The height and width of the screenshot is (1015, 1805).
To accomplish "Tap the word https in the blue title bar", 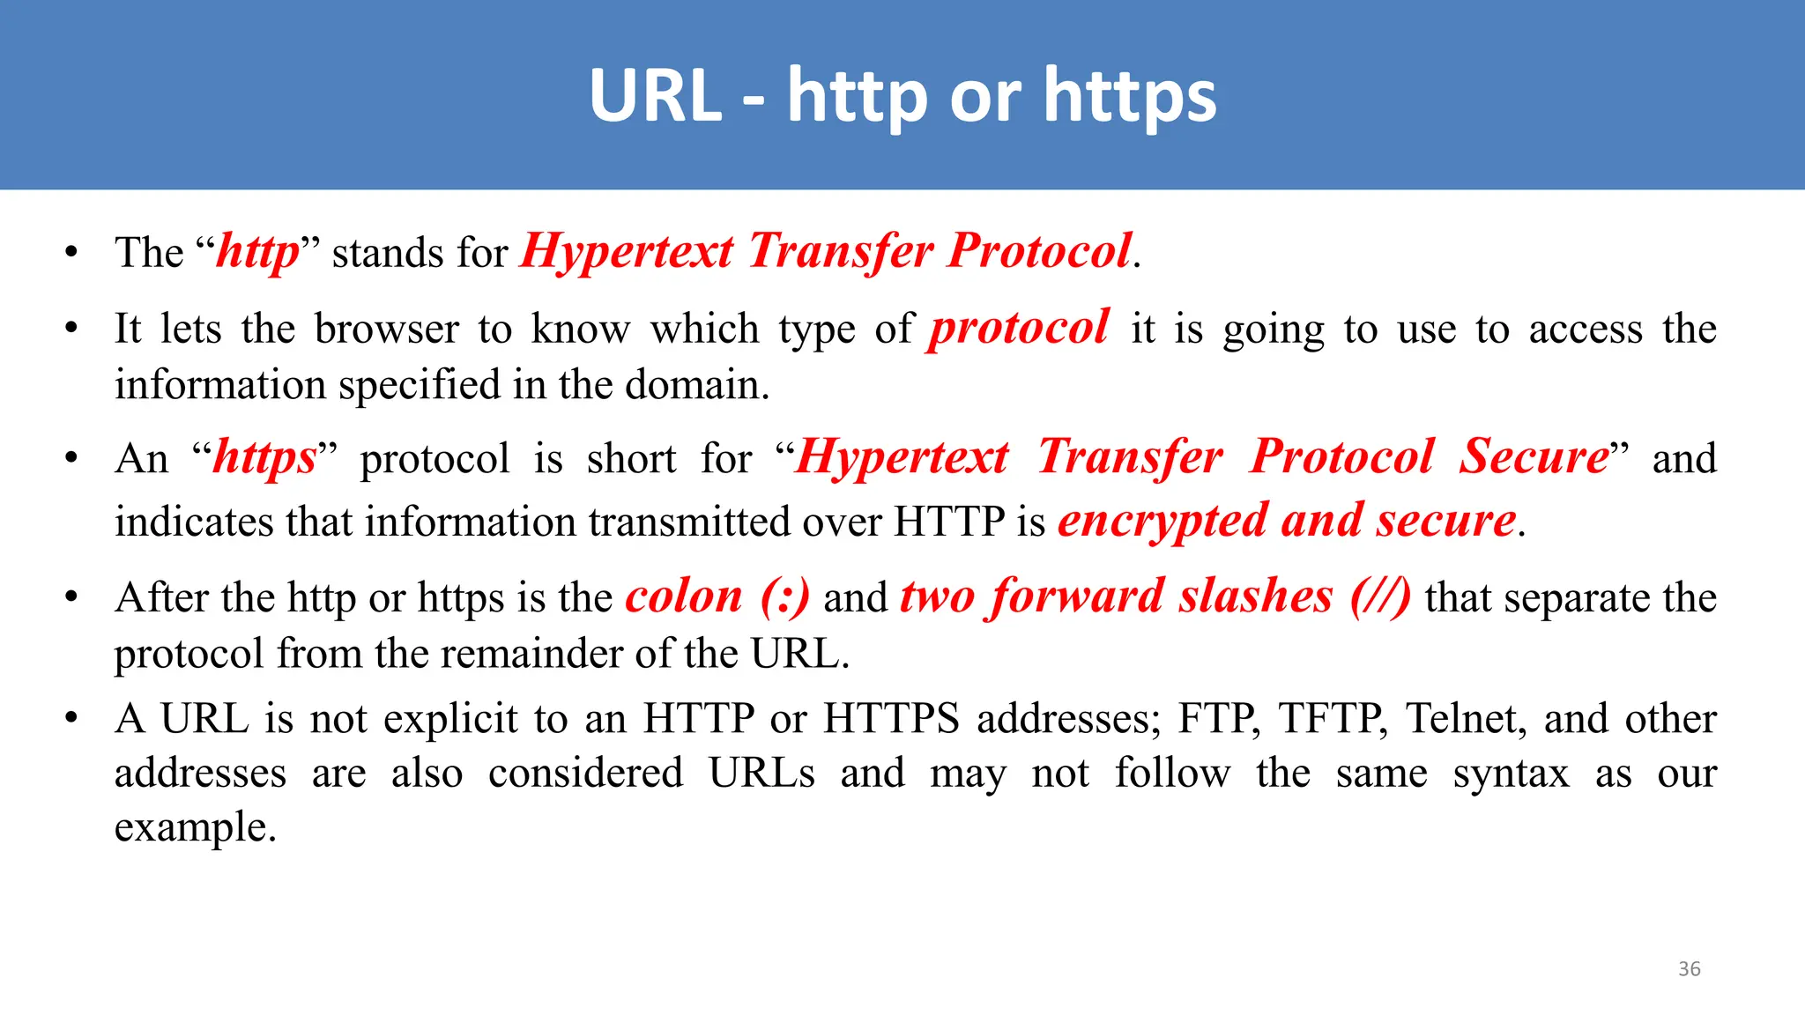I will click(1130, 97).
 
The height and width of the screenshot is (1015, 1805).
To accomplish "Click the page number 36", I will click(1689, 968).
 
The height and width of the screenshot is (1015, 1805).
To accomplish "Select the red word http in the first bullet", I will click(258, 252).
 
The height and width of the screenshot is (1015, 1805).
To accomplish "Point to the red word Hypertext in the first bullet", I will click(627, 252).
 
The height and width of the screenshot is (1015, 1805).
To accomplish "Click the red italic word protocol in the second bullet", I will click(1019, 328).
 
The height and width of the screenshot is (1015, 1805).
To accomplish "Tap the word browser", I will click(386, 329).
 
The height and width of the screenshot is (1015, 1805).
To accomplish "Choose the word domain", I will click(696, 385).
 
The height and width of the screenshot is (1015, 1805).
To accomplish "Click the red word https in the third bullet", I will click(264, 458).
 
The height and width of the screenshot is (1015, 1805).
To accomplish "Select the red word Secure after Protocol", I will click(1534, 457).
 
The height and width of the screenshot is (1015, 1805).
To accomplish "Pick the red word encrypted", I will click(1162, 521).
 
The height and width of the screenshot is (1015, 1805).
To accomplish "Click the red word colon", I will click(684, 596).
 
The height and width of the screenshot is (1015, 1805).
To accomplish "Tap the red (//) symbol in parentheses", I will click(1380, 596).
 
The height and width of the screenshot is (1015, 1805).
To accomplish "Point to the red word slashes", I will click(1256, 596).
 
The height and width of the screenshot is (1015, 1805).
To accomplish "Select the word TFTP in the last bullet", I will click(1333, 718).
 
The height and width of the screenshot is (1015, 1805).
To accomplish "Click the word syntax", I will click(1511, 774).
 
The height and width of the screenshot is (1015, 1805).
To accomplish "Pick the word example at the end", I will click(195, 828).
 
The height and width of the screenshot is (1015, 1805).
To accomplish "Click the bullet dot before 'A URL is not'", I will click(71, 718).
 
